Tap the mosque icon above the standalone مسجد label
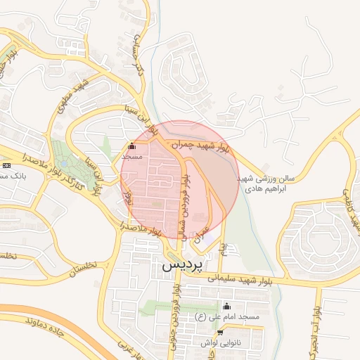pos(132,147)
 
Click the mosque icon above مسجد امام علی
pos(226,307)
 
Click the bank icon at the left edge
pos(7,165)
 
